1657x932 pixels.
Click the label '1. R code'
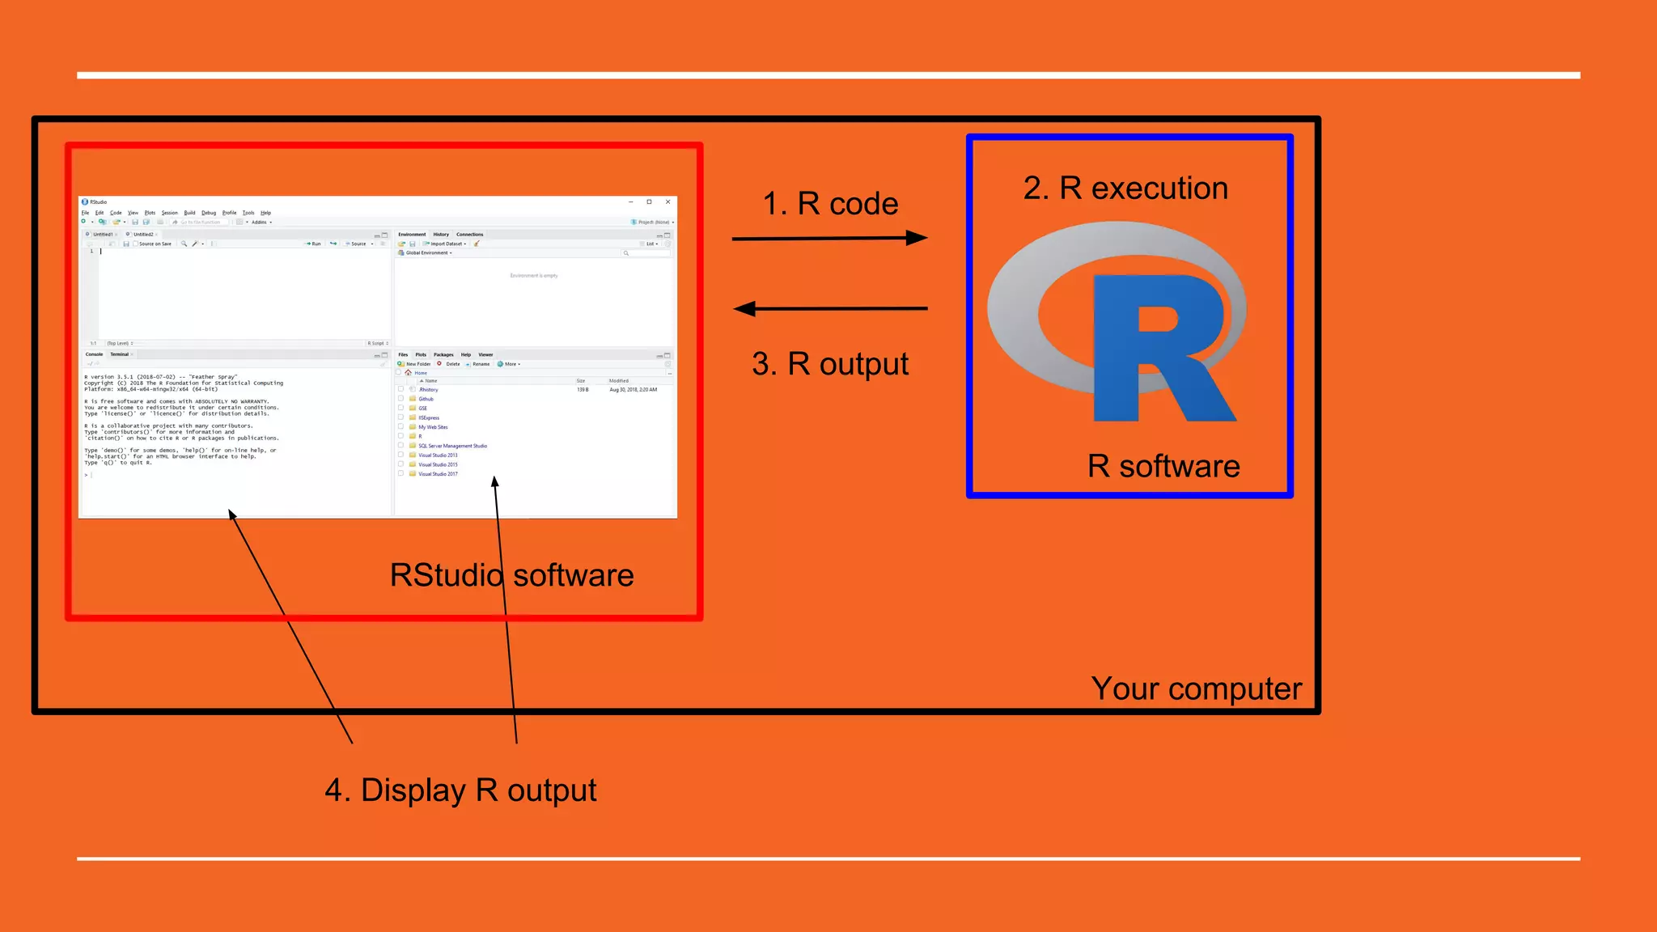(830, 204)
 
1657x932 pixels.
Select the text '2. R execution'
(1125, 188)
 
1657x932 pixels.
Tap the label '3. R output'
(830, 364)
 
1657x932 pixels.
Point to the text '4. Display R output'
(460, 790)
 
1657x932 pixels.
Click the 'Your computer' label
(1196, 688)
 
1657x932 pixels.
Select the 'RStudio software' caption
(511, 575)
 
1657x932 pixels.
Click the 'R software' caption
(1163, 466)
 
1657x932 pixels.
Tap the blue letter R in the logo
(1157, 348)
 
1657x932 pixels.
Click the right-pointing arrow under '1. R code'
(829, 238)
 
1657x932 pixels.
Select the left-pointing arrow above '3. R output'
(829, 308)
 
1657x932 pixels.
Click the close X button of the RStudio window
(667, 201)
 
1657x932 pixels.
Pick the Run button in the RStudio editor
(313, 244)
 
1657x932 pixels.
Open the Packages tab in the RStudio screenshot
(443, 354)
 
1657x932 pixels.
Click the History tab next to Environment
(441, 235)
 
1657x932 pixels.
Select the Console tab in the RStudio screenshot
(95, 354)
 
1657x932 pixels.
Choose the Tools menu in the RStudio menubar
(248, 213)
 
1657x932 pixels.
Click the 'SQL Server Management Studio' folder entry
(452, 446)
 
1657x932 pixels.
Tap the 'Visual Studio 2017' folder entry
(438, 474)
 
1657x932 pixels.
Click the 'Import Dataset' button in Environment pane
(445, 244)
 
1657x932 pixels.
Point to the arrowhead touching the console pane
(231, 515)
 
